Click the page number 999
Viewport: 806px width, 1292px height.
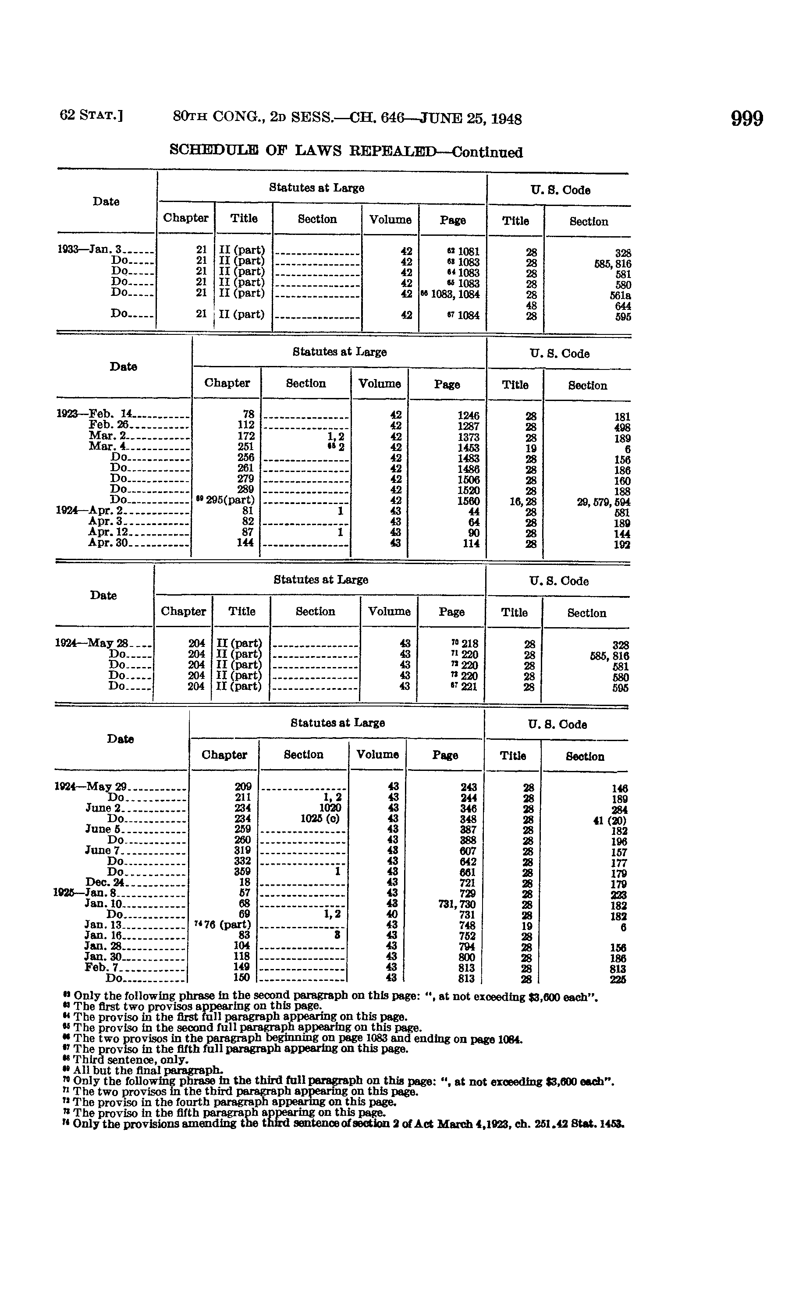746,118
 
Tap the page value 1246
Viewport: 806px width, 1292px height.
468,415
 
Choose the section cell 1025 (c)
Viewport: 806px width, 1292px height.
320,818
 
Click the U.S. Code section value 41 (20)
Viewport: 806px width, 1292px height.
609,820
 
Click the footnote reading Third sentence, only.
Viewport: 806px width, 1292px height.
130,1060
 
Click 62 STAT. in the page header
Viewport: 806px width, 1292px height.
92,116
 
